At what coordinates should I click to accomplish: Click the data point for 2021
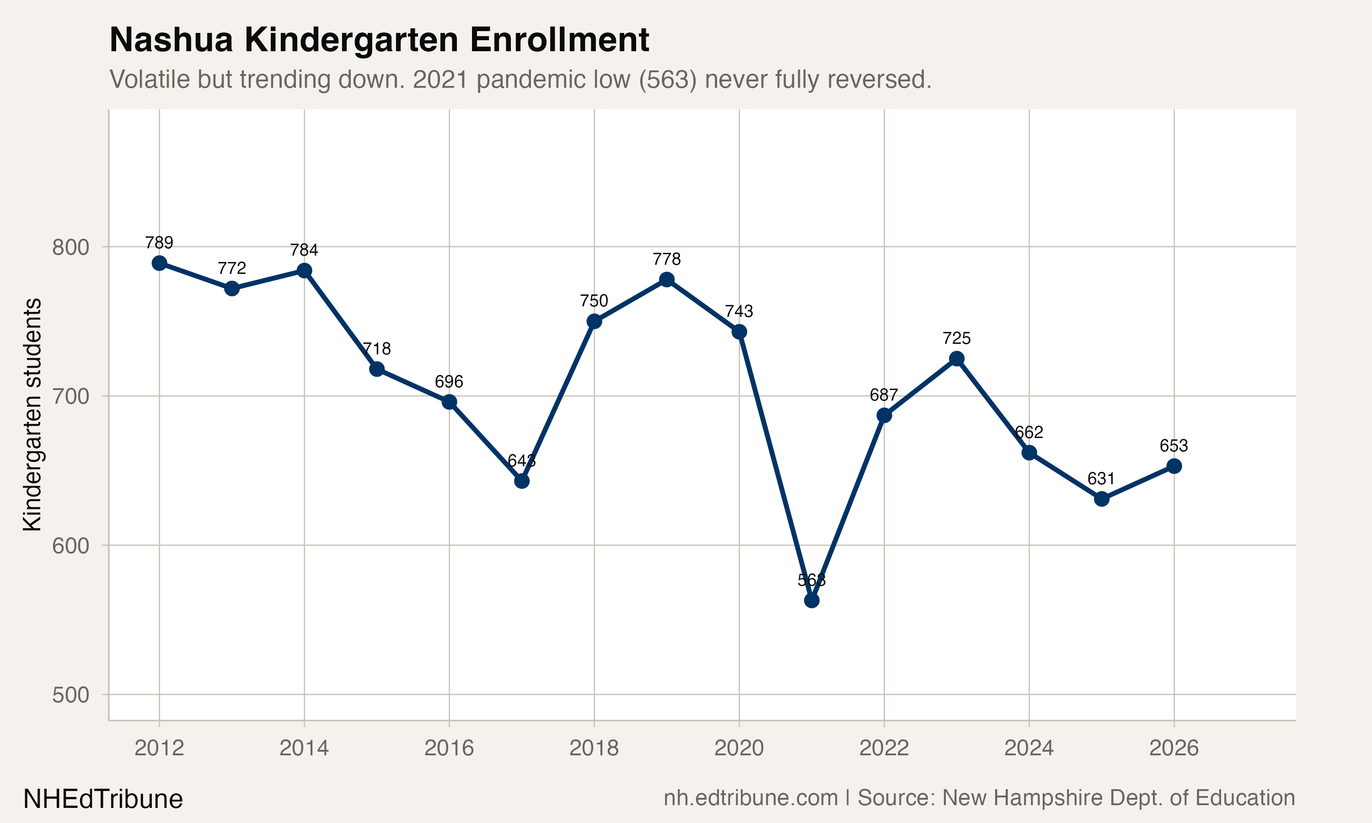811,601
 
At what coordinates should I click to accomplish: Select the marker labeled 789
159,263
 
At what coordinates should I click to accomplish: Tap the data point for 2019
667,279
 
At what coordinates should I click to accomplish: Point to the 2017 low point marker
521,481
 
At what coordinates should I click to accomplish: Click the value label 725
957,338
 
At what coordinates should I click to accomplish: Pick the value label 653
1174,446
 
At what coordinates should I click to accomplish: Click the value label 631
1101,479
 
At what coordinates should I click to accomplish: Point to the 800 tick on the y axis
70,247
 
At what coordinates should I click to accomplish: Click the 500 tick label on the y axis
70,695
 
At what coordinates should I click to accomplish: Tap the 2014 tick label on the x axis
304,748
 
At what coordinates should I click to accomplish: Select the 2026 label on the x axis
1174,748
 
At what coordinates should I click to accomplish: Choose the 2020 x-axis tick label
739,748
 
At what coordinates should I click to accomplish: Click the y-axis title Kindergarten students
32,415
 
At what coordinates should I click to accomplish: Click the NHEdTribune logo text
102,799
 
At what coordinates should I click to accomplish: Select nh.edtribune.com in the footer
750,798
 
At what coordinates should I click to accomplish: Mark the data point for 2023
957,359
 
